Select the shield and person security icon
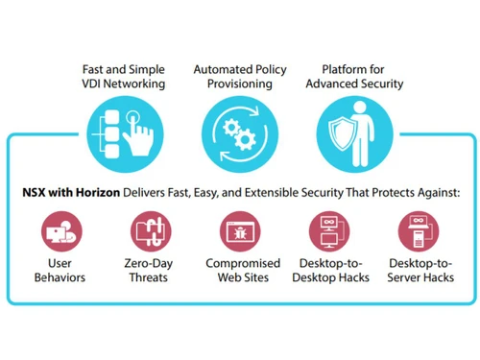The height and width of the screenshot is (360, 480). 353,134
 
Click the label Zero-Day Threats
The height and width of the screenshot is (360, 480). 150,271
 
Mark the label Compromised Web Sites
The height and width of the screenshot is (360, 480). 242,271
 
